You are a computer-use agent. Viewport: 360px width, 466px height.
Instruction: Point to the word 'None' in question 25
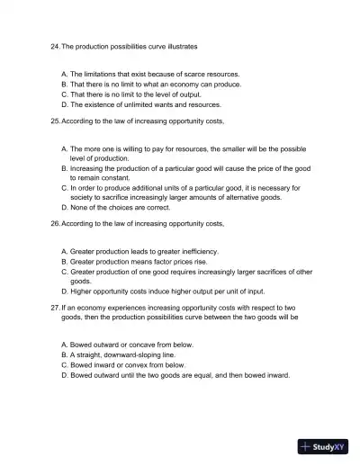pyautogui.click(x=79, y=208)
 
